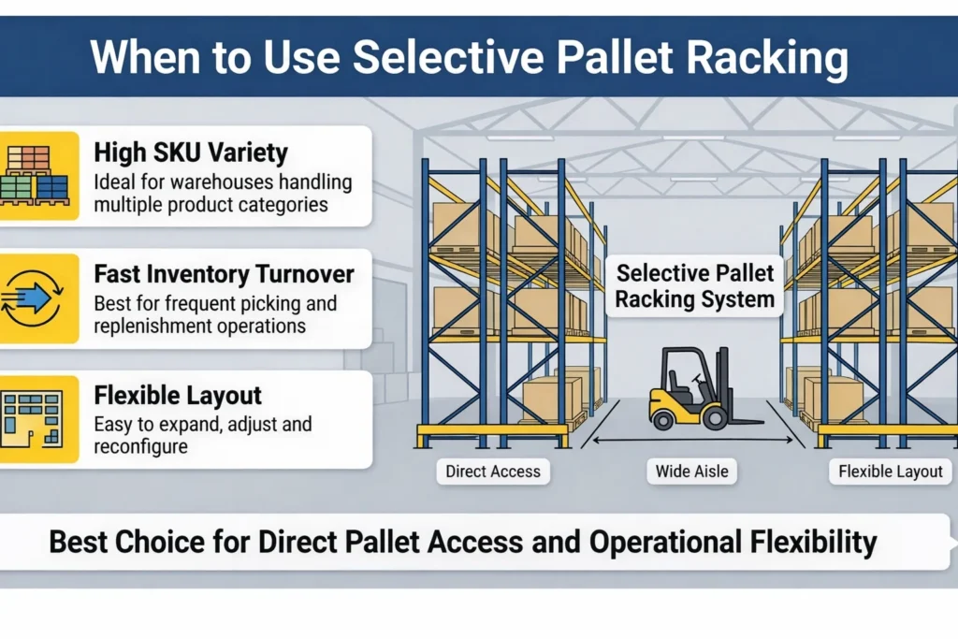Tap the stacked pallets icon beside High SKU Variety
(x=38, y=176)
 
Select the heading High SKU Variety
(x=191, y=152)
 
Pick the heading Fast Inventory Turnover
(x=224, y=274)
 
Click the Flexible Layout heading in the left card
(x=177, y=396)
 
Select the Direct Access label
(x=493, y=472)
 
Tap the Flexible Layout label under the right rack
(x=891, y=472)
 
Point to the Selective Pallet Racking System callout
(x=695, y=286)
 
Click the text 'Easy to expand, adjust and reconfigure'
(x=203, y=435)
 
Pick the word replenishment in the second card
(x=153, y=327)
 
